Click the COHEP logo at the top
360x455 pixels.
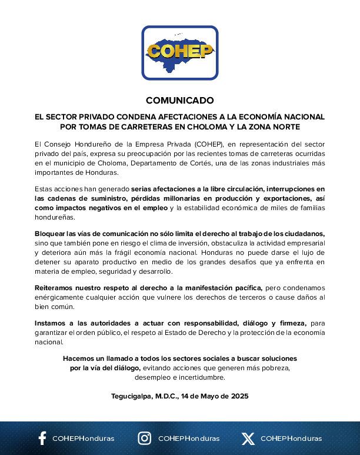point(179,52)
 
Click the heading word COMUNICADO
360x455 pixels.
point(179,100)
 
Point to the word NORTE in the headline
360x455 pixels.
point(284,127)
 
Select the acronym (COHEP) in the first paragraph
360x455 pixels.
point(202,144)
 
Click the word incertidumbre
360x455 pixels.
point(201,377)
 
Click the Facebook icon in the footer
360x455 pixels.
point(42,438)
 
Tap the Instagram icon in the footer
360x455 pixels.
point(144,438)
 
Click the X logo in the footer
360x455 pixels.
point(248,439)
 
